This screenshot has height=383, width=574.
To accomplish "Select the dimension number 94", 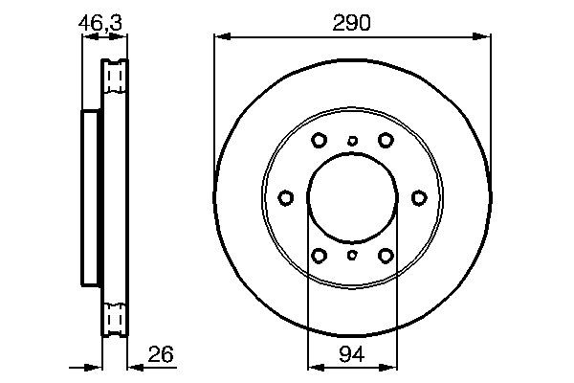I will [x=352, y=354].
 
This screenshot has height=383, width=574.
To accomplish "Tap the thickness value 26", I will [x=161, y=354].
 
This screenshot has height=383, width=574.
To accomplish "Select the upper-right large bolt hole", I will [x=386, y=140].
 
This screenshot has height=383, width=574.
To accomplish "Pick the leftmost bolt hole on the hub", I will [x=286, y=198].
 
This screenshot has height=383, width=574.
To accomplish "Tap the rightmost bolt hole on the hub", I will [x=419, y=198].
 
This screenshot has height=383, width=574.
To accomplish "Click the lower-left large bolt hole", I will [x=320, y=256].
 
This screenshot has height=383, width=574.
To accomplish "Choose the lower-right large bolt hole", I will [x=386, y=256].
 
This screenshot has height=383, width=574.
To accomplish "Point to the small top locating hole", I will [x=352, y=142].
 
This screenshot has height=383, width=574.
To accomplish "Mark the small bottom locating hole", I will [x=352, y=255].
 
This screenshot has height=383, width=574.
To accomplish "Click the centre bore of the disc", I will [x=352, y=198].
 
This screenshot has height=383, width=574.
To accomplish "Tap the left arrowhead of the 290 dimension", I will [x=219, y=37].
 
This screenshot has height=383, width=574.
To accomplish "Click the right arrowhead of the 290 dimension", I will [x=485, y=37].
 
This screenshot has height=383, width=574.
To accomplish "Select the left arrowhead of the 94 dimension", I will [x=312, y=365].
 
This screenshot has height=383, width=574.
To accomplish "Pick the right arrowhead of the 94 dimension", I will [x=392, y=365].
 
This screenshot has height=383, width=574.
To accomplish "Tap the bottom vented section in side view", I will [x=115, y=316].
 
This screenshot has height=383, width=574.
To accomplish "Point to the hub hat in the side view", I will [x=92, y=198].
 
